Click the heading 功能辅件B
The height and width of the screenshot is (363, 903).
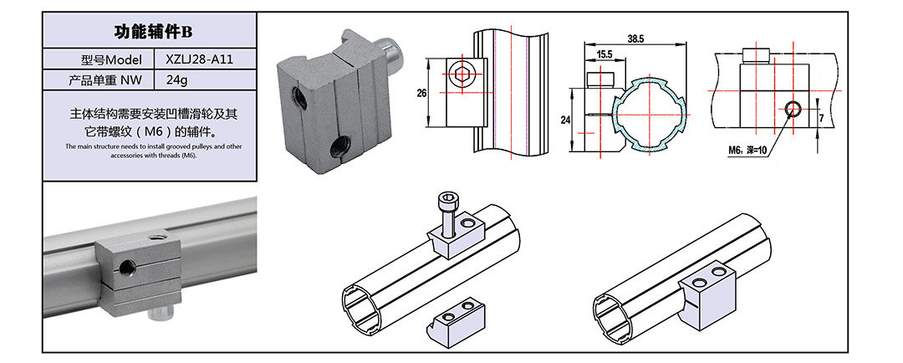152,33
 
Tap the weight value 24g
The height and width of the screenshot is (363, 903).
177,81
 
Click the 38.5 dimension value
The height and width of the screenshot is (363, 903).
636,39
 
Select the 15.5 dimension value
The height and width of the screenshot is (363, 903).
605,55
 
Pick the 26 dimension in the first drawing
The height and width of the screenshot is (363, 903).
422,93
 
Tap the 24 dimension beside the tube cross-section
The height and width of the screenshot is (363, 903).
564,120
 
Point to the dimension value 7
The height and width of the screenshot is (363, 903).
822,119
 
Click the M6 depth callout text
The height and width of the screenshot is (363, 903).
747,151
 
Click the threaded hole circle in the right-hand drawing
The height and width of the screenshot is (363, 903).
793,107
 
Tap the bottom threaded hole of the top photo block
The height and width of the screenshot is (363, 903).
339,151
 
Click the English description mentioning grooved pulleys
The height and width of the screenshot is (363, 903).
152,151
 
